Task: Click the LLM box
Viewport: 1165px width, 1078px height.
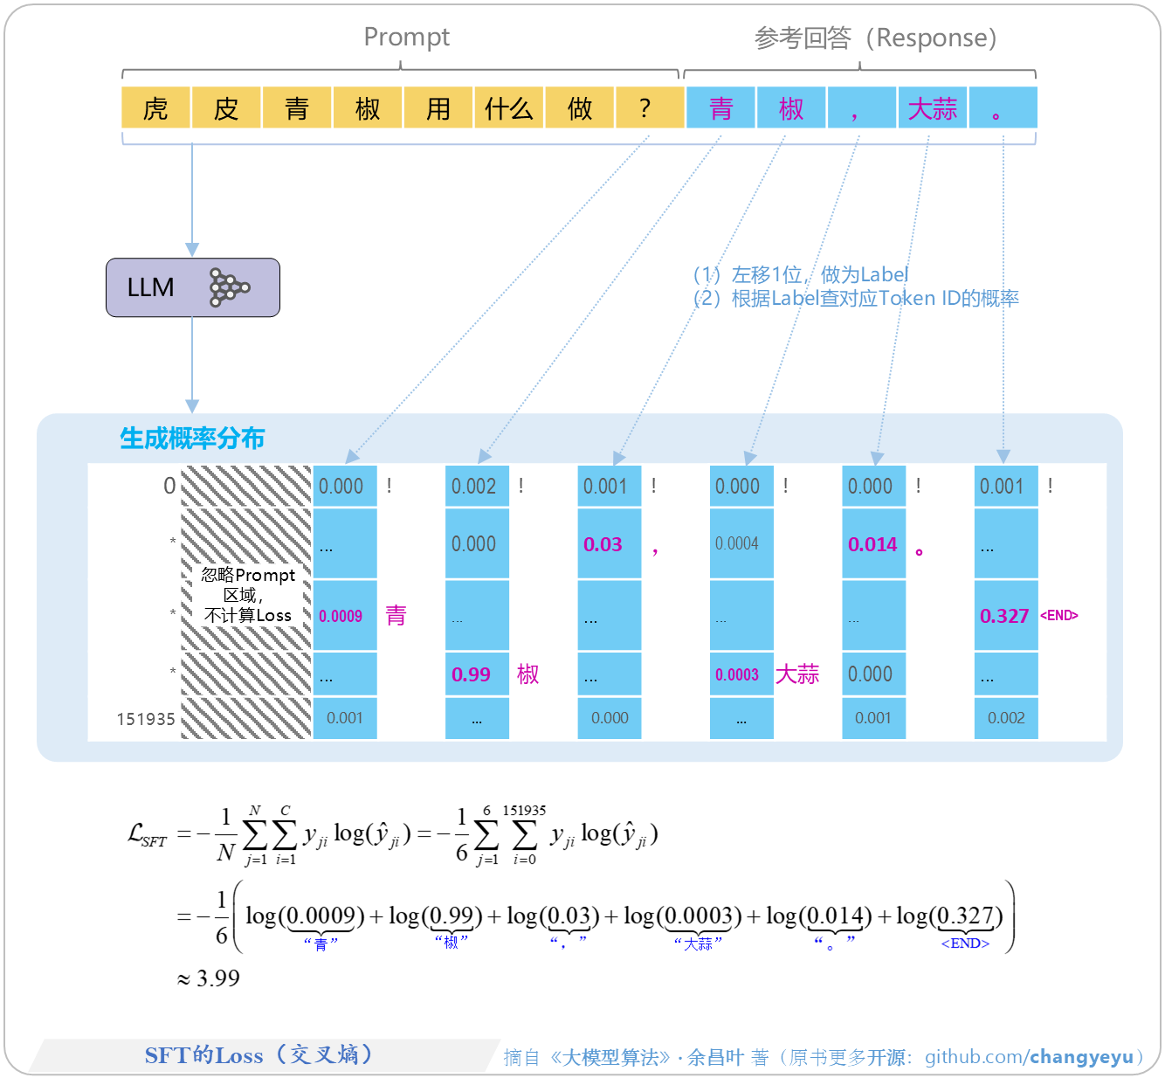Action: point(192,287)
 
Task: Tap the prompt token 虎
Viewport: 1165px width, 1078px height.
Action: point(155,108)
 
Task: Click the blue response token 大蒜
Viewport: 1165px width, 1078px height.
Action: point(932,108)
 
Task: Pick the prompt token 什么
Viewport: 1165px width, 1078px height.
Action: point(508,108)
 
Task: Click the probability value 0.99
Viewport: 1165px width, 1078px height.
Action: point(472,674)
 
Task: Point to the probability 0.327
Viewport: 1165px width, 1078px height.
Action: point(1004,616)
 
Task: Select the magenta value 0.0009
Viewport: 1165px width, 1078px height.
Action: point(341,616)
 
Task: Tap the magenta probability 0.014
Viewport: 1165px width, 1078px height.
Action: point(872,544)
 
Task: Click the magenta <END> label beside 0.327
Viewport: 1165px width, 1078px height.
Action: point(1059,616)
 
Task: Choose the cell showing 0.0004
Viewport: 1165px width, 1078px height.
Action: point(737,543)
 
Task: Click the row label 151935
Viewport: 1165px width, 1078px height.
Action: point(146,719)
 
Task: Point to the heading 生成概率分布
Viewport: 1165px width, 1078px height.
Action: point(192,439)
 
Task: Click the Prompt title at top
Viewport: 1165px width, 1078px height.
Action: point(406,37)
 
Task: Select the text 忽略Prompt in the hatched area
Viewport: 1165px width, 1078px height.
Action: point(248,575)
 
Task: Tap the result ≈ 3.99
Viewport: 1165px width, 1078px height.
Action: point(210,978)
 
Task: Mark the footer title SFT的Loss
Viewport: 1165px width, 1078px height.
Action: point(203,1055)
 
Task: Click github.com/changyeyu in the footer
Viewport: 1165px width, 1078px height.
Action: point(1029,1057)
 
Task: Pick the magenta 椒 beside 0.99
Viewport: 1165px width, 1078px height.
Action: point(527,674)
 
